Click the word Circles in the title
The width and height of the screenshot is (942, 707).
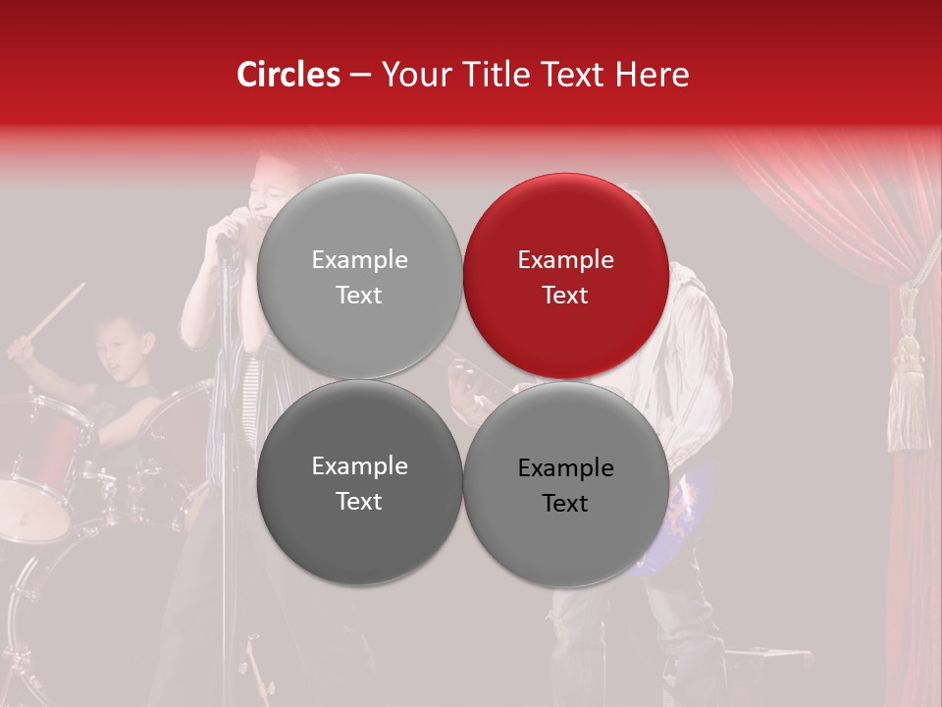[288, 75]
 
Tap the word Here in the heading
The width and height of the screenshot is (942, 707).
[652, 75]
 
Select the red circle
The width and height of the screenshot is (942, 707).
[565, 276]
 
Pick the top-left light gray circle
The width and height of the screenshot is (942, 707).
[359, 276]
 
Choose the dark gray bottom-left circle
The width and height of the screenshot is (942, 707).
[359, 482]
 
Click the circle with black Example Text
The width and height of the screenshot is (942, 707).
[565, 484]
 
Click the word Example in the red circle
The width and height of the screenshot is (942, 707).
[565, 260]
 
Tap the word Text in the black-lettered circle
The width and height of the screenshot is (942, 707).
[565, 503]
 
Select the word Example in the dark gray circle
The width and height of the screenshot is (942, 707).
[359, 466]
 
